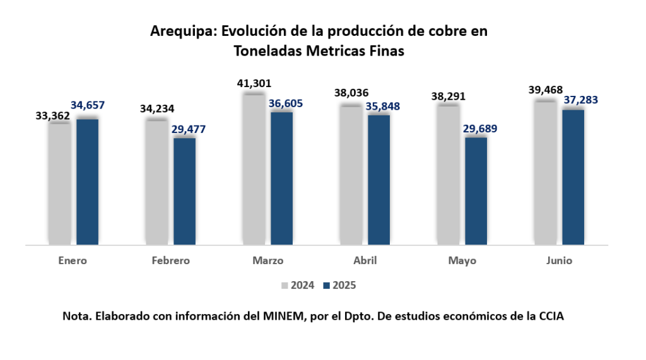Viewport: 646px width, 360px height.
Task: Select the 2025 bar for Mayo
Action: click(476, 190)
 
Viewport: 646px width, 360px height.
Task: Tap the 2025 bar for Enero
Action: click(87, 181)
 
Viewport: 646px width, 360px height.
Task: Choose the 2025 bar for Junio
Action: click(573, 177)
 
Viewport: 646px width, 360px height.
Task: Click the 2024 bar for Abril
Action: click(351, 174)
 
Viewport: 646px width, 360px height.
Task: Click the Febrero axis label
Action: click(170, 260)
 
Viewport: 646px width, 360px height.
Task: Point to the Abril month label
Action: click(365, 260)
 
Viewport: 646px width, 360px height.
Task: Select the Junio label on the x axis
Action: click(560, 260)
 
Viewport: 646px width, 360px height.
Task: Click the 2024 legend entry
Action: click(297, 285)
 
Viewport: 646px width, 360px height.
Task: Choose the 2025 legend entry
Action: click(339, 285)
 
